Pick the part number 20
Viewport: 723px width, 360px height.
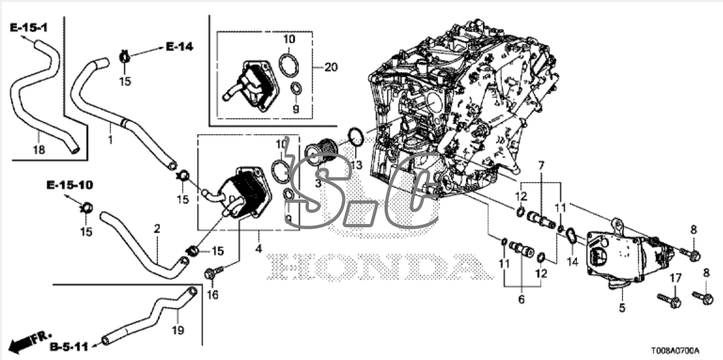[331, 67]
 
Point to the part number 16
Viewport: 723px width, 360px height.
[211, 296]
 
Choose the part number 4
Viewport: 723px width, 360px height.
[259, 249]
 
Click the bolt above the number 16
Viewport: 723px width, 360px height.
[212, 272]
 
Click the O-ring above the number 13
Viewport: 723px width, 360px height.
[355, 137]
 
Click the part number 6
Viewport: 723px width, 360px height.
[521, 299]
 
